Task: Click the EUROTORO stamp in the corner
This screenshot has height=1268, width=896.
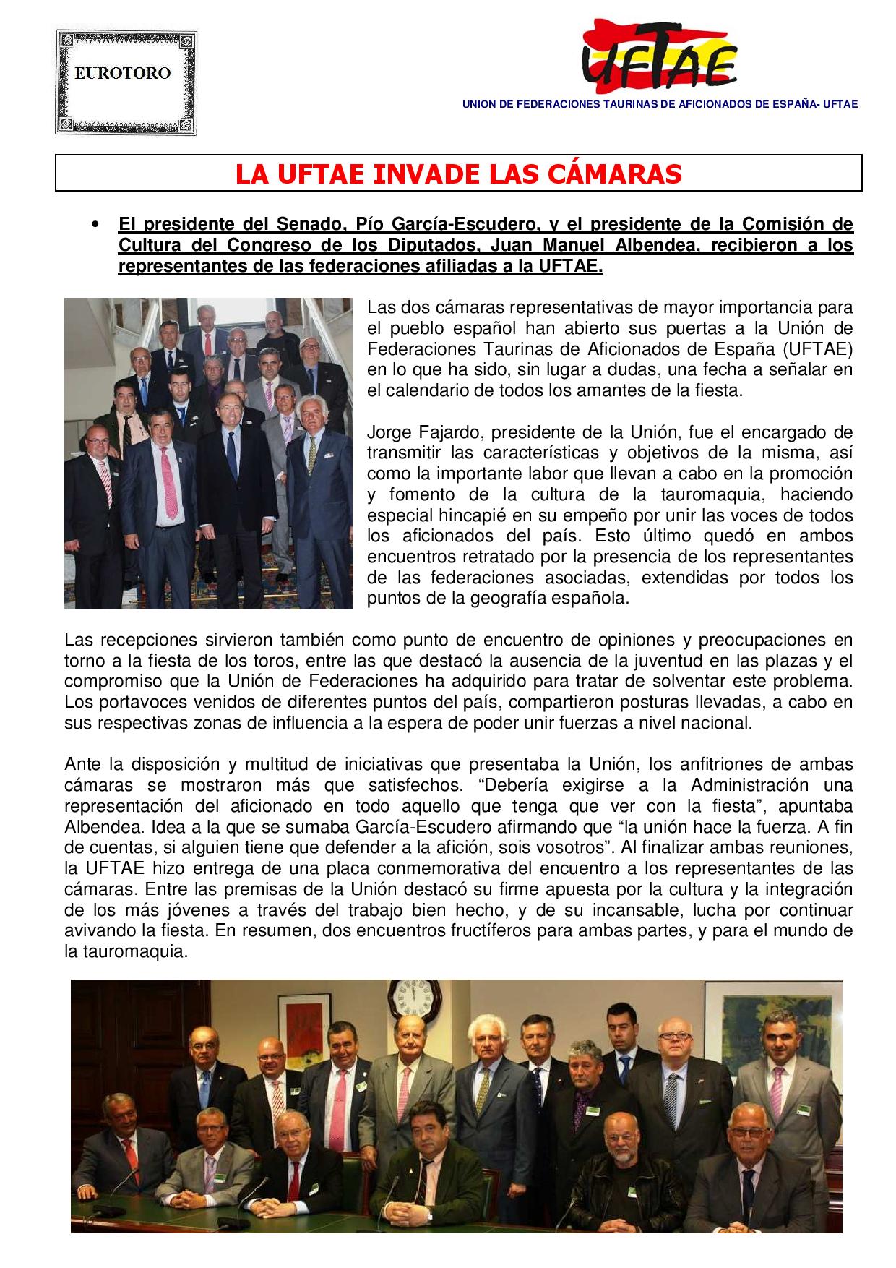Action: click(x=126, y=81)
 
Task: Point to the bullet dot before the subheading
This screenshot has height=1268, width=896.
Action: click(x=94, y=224)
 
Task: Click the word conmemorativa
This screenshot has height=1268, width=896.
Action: click(x=494, y=868)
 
